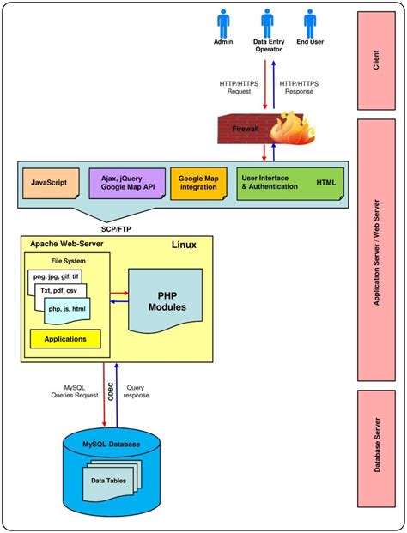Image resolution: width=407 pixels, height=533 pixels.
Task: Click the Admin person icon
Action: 223,22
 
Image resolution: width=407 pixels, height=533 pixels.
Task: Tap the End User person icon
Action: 309,22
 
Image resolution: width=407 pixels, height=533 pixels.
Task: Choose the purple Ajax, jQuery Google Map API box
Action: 126,183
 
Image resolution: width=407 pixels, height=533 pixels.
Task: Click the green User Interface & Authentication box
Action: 290,183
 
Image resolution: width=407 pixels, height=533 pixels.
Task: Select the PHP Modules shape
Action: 165,300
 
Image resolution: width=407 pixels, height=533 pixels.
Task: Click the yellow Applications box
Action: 64,339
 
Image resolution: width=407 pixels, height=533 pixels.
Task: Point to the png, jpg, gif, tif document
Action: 57,276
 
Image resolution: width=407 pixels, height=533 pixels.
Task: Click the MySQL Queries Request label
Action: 75,392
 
